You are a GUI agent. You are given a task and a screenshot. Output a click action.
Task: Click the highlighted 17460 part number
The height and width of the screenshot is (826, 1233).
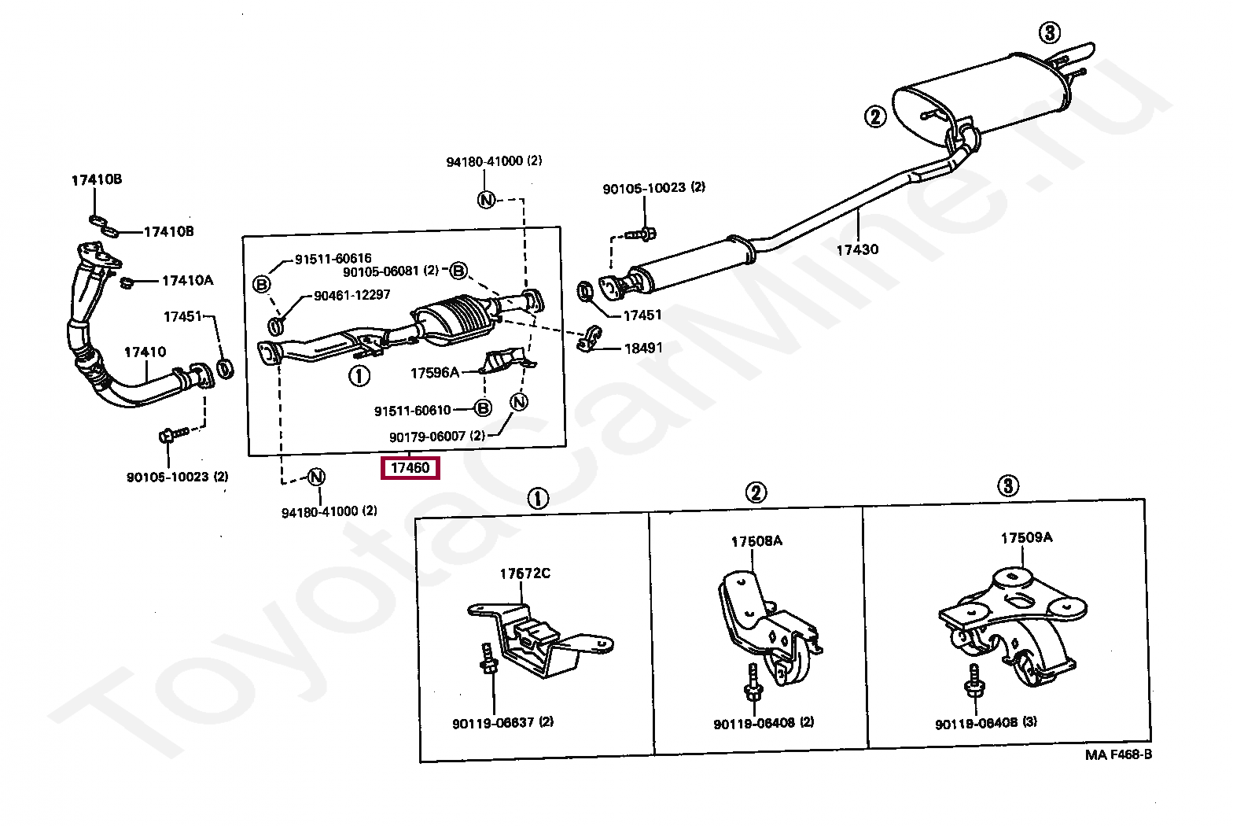pyautogui.click(x=410, y=468)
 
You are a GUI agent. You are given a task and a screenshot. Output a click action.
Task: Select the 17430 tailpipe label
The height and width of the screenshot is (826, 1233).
pyautogui.click(x=856, y=250)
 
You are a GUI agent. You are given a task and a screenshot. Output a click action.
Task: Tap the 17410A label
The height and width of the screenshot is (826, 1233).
pyautogui.click(x=187, y=280)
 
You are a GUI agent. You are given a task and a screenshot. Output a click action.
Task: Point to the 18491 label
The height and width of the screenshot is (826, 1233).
pyautogui.click(x=643, y=348)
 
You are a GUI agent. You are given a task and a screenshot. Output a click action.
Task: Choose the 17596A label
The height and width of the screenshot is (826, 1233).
pyautogui.click(x=434, y=373)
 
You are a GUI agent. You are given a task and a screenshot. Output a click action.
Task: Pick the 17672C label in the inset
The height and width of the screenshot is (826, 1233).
pyautogui.click(x=524, y=573)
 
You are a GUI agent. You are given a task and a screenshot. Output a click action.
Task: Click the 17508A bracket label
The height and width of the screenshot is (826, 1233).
pyautogui.click(x=756, y=542)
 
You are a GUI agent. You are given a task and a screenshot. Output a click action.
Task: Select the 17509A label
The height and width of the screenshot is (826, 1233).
pyautogui.click(x=1026, y=538)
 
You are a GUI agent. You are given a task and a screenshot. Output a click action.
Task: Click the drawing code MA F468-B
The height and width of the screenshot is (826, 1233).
pyautogui.click(x=1118, y=755)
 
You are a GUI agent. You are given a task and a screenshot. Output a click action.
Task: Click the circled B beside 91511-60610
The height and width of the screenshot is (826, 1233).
pyautogui.click(x=483, y=408)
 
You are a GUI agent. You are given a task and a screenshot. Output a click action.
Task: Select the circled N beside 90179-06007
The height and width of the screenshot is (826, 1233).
pyautogui.click(x=518, y=401)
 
